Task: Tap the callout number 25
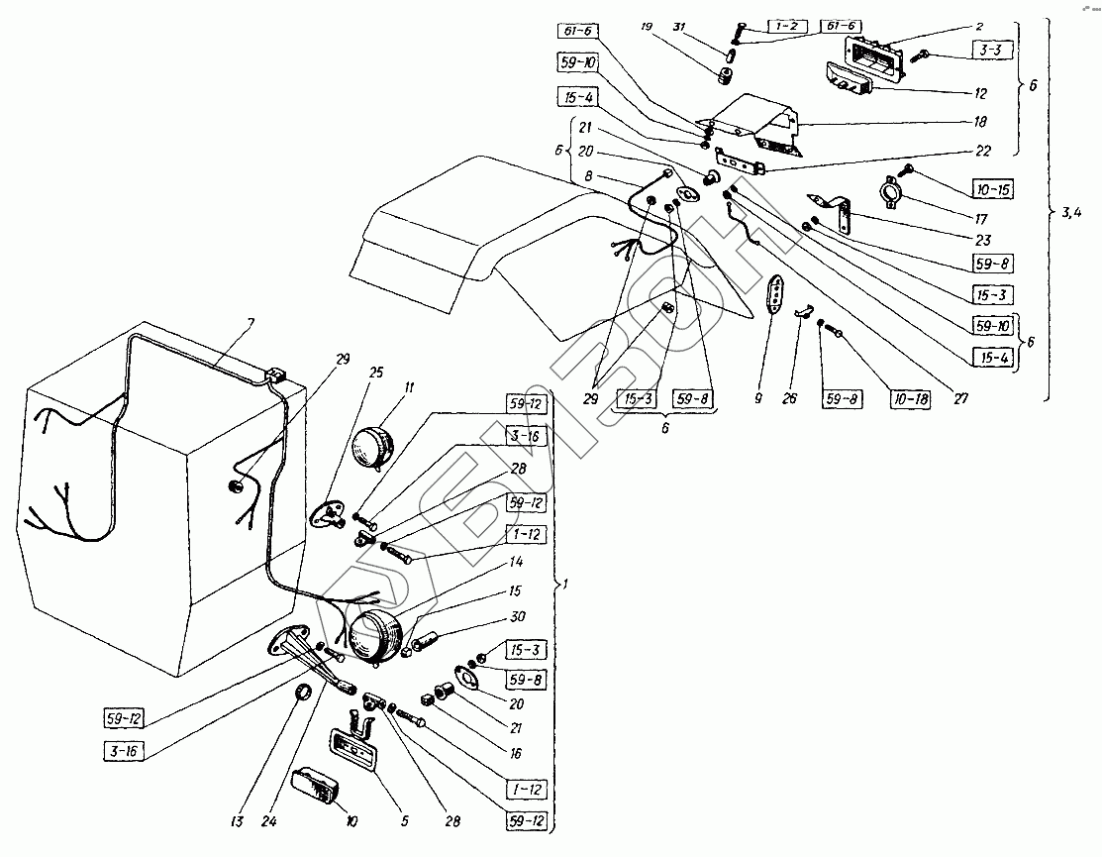click(349, 372)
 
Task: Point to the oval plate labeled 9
click(779, 293)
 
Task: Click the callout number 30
click(516, 615)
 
